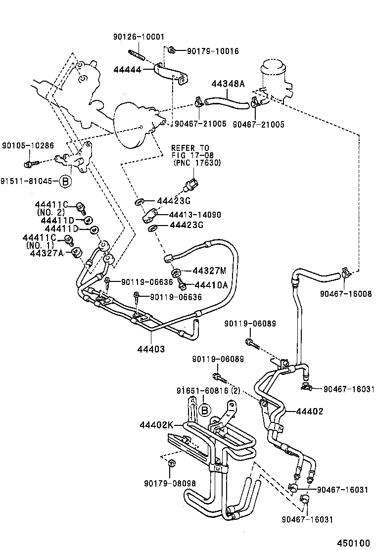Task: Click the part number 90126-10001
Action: point(139,37)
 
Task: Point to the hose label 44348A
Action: point(228,84)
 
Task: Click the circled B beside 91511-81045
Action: point(65,181)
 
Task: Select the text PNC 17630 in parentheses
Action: point(196,163)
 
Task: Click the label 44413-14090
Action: point(194,215)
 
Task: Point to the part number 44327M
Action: point(208,271)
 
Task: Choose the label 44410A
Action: point(211,285)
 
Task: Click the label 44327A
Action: point(47,253)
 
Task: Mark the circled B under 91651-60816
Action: point(204,410)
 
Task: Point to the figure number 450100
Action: point(354,543)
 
